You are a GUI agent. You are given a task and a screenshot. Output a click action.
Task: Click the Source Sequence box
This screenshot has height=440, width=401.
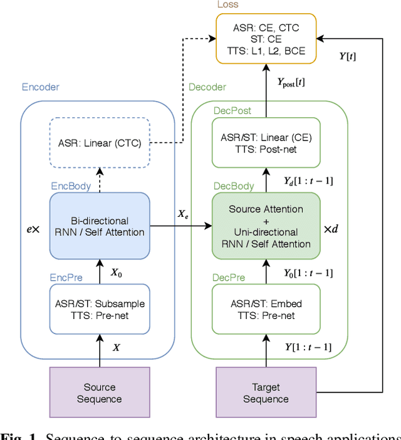point(100,393)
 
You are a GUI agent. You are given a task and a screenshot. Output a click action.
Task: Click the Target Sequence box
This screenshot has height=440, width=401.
point(266,393)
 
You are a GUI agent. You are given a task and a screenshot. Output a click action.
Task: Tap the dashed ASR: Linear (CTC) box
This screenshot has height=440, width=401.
point(100,143)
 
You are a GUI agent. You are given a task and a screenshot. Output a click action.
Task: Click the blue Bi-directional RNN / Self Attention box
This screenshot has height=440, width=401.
point(100,226)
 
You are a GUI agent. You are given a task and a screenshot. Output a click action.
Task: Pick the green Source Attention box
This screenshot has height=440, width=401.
point(266,226)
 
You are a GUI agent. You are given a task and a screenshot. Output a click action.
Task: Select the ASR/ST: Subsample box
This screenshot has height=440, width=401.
point(100,309)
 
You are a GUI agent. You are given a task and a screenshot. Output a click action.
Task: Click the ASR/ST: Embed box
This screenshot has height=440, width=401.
point(266,309)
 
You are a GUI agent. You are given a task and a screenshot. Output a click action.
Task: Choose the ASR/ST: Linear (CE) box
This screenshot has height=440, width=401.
point(266,144)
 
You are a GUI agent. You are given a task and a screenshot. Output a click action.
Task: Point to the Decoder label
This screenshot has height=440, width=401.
point(207,87)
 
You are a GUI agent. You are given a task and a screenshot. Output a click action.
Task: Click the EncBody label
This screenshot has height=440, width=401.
point(70,186)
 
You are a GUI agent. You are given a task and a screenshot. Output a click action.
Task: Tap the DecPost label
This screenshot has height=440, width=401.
point(232,111)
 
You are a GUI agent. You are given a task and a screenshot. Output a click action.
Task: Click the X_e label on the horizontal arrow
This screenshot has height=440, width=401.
point(183,214)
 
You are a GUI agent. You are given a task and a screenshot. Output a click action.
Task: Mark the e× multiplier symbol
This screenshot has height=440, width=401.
point(33,229)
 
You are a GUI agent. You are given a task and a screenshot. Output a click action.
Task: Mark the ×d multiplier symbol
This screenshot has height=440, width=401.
point(331,229)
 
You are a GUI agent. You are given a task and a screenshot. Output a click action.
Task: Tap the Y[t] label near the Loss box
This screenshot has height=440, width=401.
point(348,56)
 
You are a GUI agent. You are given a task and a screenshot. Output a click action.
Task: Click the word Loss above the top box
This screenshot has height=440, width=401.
point(227,4)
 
